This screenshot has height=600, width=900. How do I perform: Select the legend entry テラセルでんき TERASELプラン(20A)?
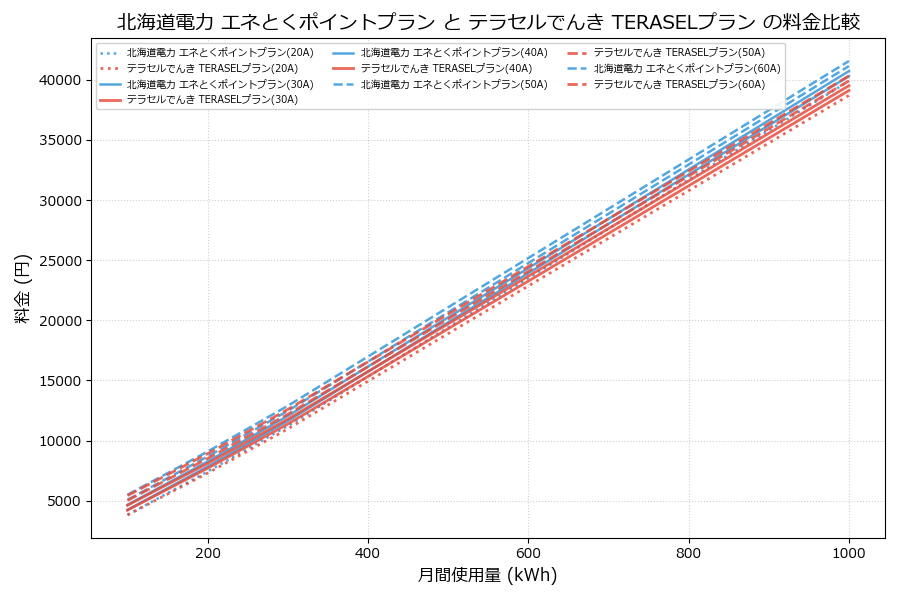coord(211,68)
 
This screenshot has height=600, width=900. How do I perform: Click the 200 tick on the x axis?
coord(208,551)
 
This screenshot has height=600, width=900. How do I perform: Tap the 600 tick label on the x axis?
coord(528,551)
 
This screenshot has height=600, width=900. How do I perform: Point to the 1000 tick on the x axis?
coord(849,551)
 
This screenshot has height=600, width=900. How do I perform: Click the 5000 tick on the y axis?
coord(64,501)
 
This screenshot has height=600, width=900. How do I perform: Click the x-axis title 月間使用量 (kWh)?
coord(487,575)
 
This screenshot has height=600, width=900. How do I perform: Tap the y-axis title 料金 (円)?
coord(22,288)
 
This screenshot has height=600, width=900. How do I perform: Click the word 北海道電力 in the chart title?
coord(157,22)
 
